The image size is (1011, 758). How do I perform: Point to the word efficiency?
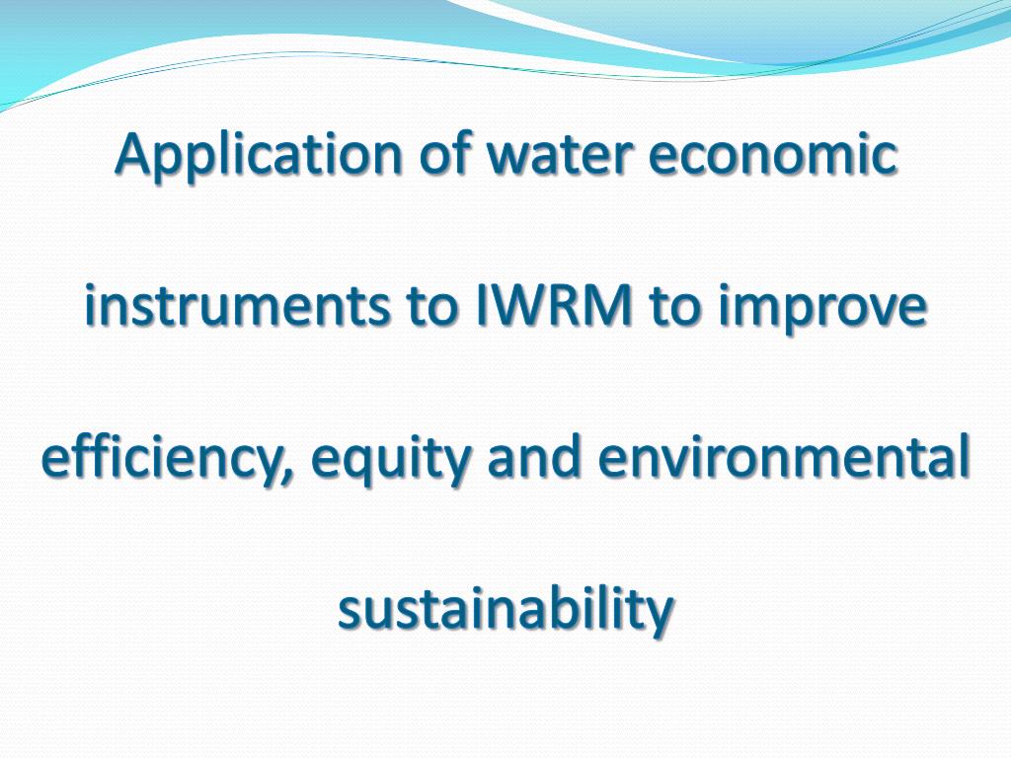166,460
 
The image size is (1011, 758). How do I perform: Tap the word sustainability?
505,611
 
